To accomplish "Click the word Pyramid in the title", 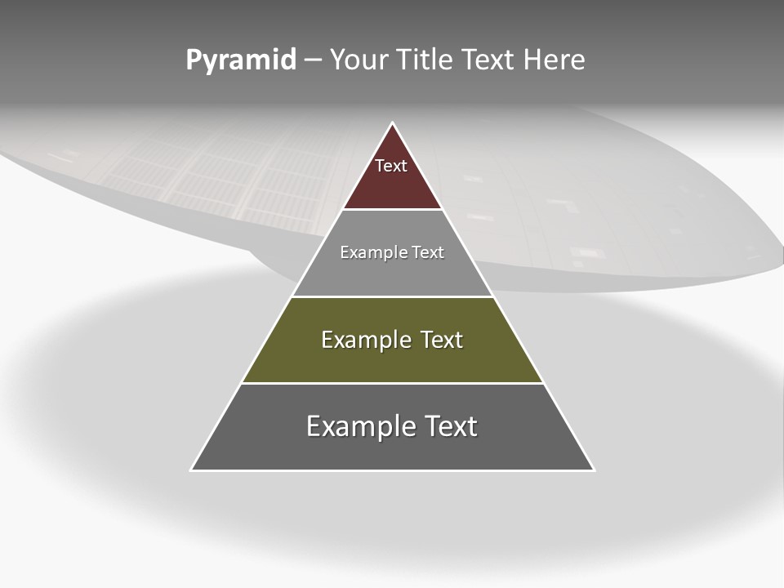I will pos(240,60).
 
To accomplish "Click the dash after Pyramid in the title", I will pos(313,60).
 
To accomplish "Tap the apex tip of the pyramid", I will pos(392,124).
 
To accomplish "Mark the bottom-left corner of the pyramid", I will pos(193,469).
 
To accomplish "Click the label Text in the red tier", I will pos(391,167).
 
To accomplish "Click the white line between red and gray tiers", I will pos(392,210).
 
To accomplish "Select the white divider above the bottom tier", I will pos(392,383).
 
